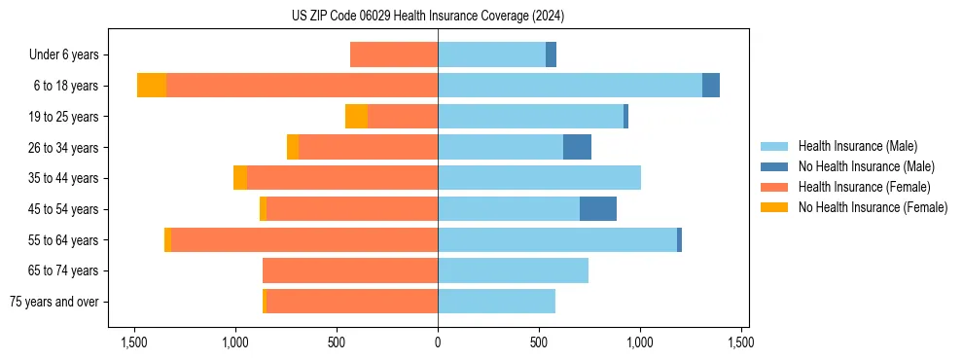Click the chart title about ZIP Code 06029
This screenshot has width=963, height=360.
[x=428, y=17]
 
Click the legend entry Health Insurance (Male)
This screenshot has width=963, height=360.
[x=857, y=146]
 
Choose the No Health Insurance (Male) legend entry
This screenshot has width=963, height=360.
[x=866, y=166]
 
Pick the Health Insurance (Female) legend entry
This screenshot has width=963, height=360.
[x=864, y=187]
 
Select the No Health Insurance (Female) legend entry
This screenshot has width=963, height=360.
[x=873, y=207]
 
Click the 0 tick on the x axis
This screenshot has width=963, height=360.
[x=438, y=342]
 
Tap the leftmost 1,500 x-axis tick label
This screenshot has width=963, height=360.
[x=133, y=342]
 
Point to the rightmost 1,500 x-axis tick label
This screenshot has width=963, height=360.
[x=741, y=342]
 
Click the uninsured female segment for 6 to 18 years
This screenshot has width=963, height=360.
[x=152, y=86]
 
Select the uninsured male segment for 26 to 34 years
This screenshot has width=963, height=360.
[x=577, y=147]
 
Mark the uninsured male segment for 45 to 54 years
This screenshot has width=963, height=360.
[x=598, y=209]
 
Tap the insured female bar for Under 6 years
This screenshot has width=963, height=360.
[x=394, y=54]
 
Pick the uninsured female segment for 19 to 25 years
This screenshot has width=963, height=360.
[x=356, y=117]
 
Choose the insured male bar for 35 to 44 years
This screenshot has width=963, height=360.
[x=539, y=178]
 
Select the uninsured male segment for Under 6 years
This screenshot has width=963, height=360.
[x=551, y=54]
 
